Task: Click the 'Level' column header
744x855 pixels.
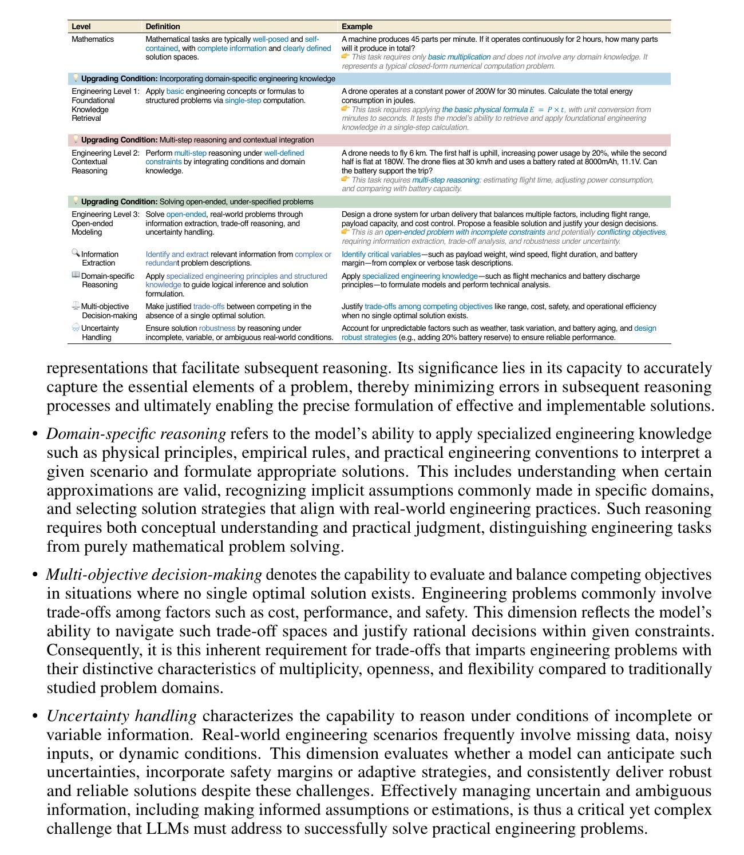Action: (x=81, y=26)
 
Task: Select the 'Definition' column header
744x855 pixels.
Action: (x=163, y=26)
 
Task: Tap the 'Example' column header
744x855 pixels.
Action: (x=357, y=26)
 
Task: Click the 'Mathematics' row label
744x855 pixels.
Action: (x=93, y=39)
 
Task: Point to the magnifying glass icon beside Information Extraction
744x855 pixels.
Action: (x=76, y=253)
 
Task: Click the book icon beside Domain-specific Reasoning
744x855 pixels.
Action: (x=76, y=275)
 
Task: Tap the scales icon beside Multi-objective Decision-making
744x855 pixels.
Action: (x=76, y=306)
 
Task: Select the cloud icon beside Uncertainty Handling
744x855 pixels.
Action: (x=76, y=327)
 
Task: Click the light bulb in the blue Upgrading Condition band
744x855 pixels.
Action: (x=75, y=78)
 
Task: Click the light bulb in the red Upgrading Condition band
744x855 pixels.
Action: (x=75, y=139)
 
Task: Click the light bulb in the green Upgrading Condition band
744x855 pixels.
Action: (x=75, y=201)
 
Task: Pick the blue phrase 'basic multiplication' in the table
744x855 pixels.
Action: (x=459, y=57)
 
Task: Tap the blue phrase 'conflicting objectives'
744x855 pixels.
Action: (x=631, y=232)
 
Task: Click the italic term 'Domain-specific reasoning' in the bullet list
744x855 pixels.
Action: (x=136, y=434)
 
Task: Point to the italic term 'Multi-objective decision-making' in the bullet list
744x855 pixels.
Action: (x=154, y=575)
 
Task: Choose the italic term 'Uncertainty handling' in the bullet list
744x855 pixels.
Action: (x=121, y=716)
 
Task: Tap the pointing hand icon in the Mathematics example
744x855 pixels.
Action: (x=346, y=57)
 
